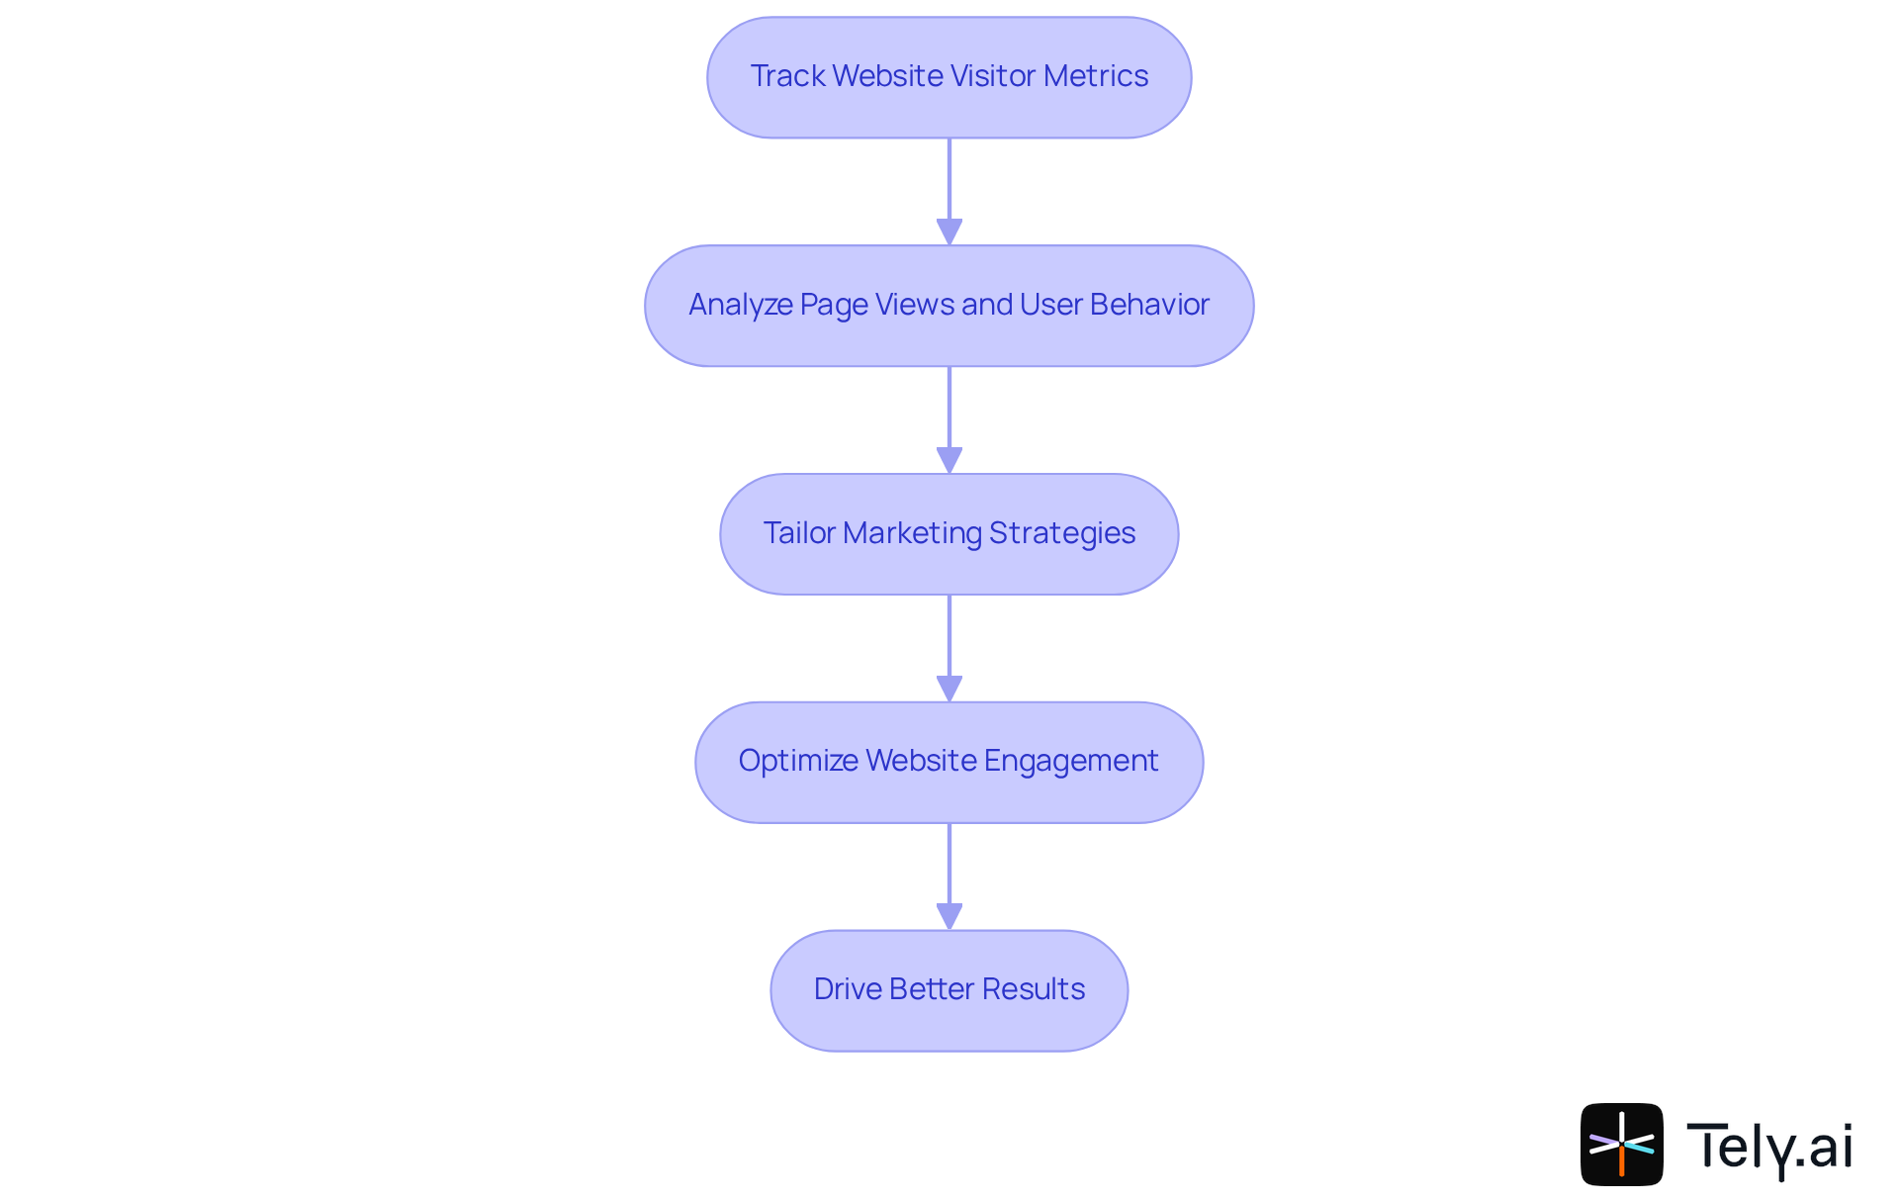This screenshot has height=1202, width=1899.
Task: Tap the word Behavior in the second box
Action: point(1149,305)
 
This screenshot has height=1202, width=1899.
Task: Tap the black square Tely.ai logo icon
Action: point(1621,1144)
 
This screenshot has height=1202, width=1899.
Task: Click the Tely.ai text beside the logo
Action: point(1768,1147)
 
